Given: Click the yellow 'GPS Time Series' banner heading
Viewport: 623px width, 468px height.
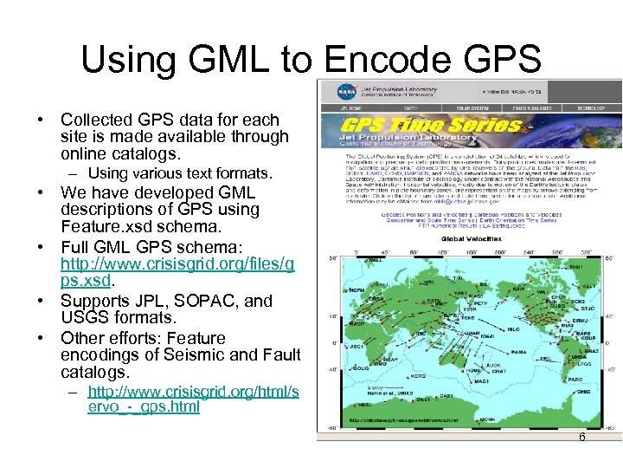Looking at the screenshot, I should coord(424,126).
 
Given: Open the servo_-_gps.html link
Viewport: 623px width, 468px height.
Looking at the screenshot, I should coord(193,399).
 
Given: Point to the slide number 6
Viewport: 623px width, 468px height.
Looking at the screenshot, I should coord(582,438).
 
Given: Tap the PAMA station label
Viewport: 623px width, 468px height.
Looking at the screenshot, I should coord(517,353).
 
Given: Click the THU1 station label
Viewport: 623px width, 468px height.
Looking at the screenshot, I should coord(576,267).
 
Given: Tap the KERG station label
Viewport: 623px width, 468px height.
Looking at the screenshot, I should coord(418,377).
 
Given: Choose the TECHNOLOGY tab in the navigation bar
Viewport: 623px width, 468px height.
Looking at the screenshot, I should coord(593,108).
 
